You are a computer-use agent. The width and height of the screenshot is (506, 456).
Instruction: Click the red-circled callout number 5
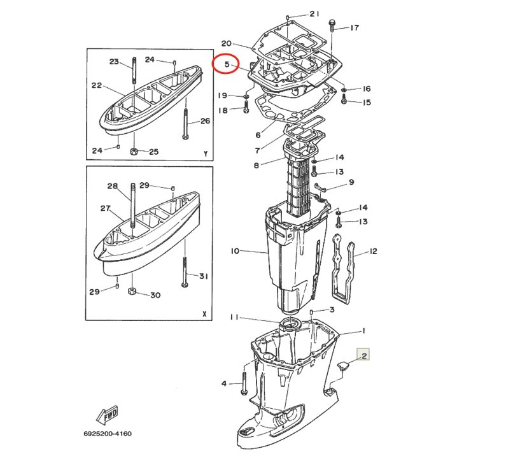click(227, 64)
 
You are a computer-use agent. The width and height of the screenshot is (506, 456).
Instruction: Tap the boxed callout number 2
click(364, 356)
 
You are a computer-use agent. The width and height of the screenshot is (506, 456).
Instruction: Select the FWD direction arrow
click(107, 415)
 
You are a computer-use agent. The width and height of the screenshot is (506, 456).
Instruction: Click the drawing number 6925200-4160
click(108, 434)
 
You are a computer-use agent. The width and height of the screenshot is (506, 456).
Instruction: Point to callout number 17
click(355, 28)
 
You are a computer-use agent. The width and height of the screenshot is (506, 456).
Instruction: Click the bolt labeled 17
click(332, 26)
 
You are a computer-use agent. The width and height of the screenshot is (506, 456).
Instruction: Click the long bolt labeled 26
click(186, 124)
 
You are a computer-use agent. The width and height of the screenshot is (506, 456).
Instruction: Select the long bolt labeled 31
click(185, 271)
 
